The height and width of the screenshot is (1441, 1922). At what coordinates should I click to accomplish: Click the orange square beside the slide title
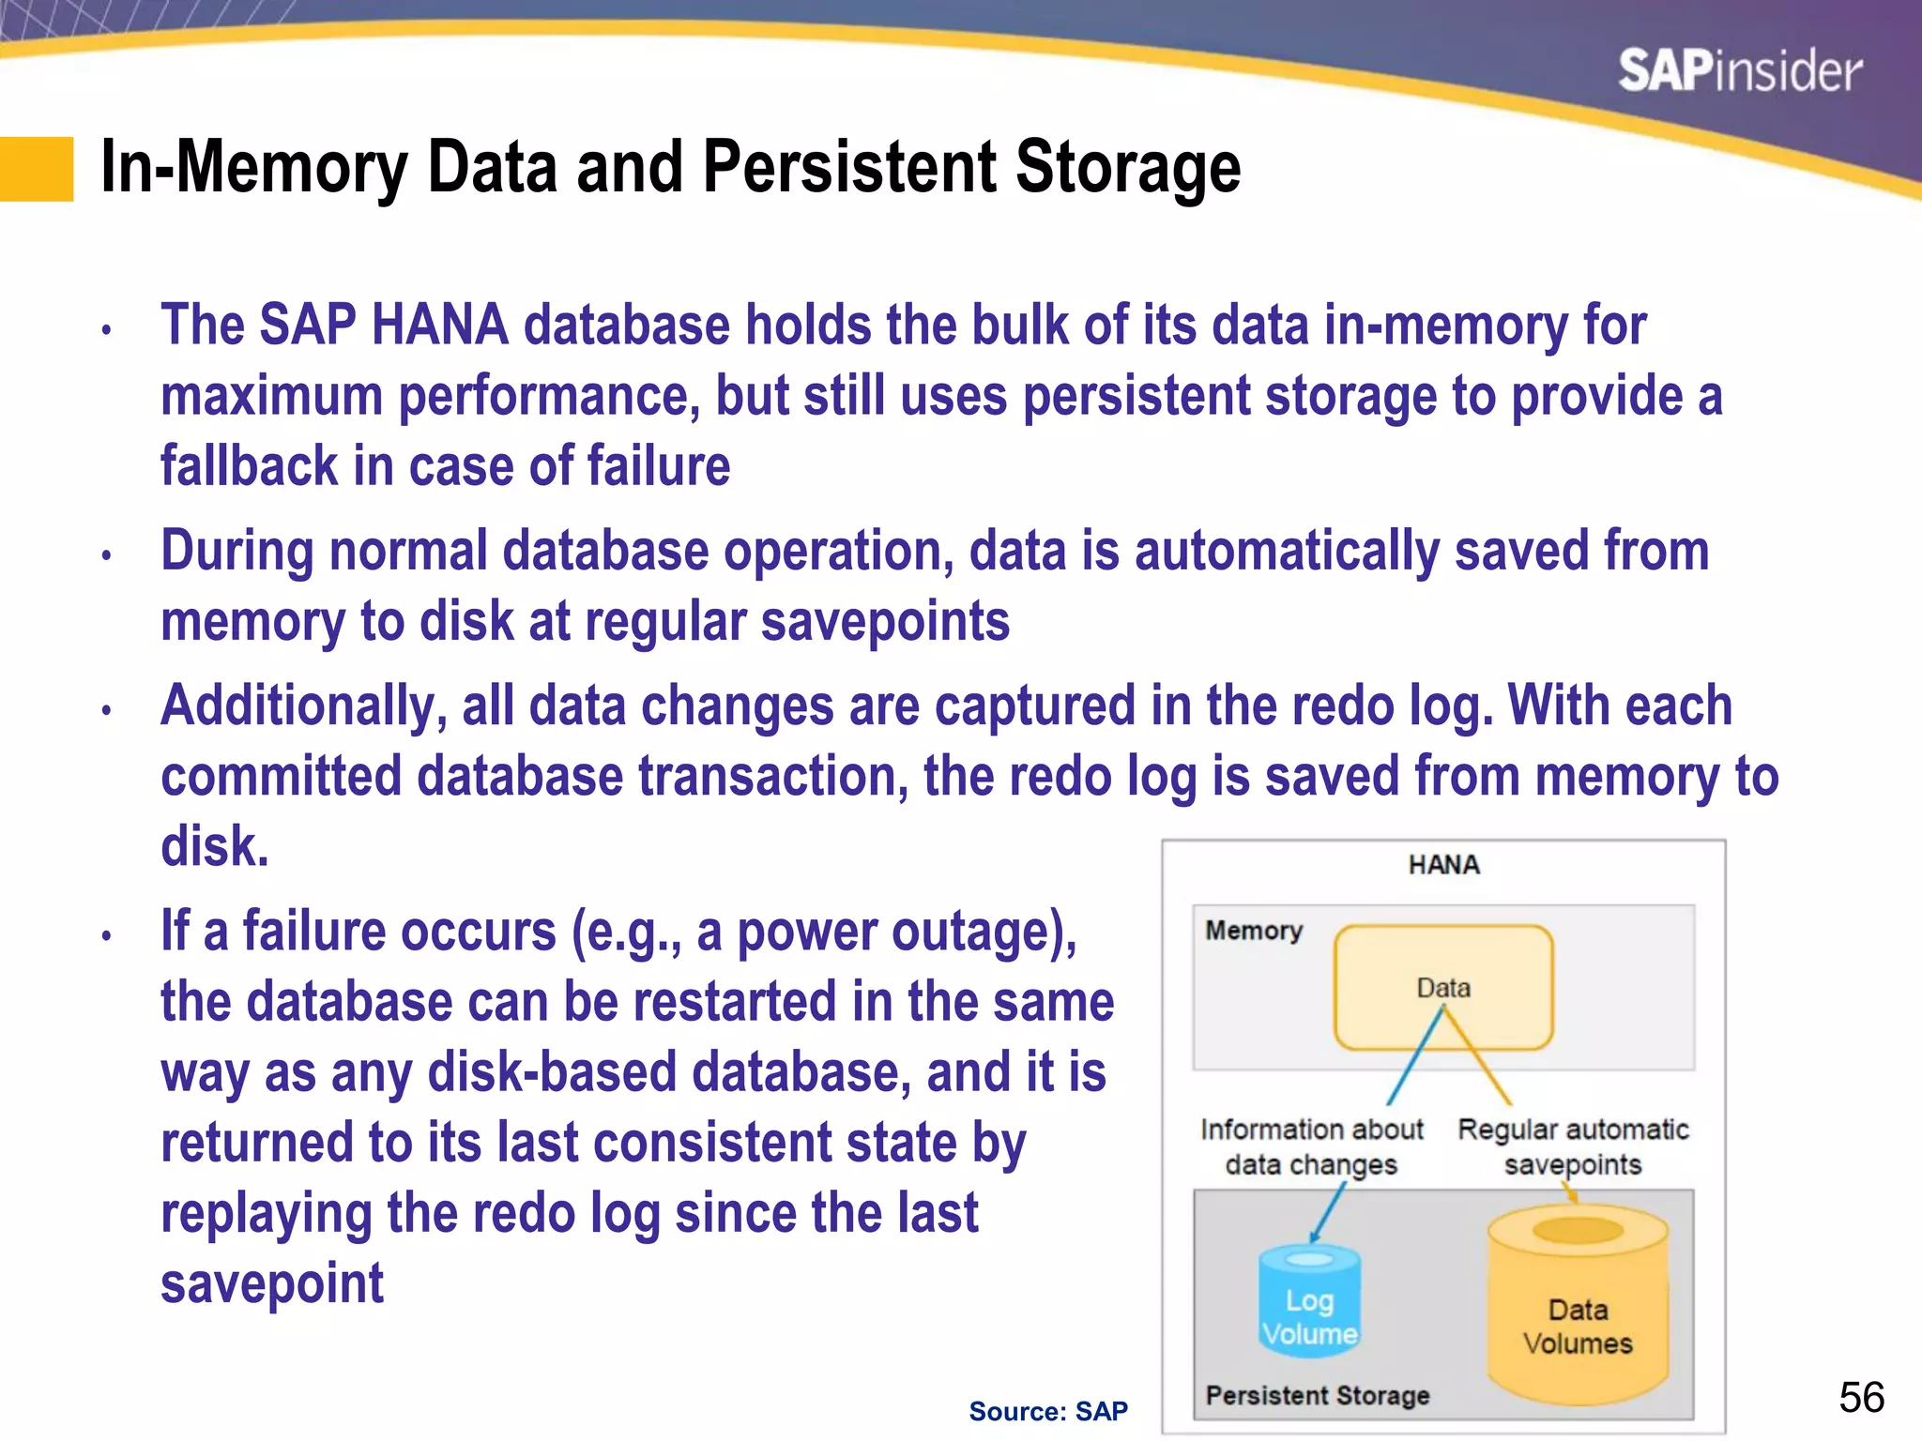[x=37, y=169]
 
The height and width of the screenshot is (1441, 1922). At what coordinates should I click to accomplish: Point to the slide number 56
[x=1861, y=1397]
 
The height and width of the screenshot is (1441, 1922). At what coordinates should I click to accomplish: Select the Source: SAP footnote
[x=1047, y=1411]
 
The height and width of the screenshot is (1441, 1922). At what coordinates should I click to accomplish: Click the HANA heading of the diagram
[x=1443, y=865]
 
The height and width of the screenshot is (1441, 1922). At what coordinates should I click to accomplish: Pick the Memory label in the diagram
[x=1254, y=931]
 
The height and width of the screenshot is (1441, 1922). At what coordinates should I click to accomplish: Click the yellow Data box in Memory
[x=1443, y=987]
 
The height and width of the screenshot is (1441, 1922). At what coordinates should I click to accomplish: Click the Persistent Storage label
[x=1318, y=1396]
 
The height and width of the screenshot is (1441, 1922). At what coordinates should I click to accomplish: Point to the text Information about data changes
[x=1311, y=1146]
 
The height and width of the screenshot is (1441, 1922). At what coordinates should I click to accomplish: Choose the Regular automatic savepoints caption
[x=1573, y=1146]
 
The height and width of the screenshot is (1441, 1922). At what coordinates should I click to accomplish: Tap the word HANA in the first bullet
[x=439, y=326]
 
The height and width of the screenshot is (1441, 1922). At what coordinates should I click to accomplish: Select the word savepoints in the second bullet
[x=884, y=622]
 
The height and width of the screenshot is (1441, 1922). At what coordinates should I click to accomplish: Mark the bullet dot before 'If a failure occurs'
[x=107, y=935]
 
